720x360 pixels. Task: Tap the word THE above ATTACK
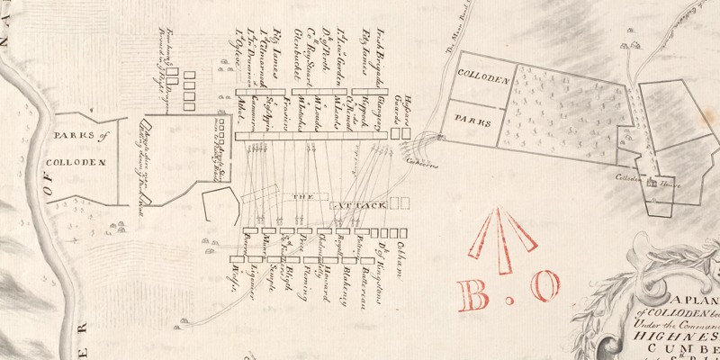[299, 196]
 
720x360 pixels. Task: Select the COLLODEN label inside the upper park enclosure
[483, 80]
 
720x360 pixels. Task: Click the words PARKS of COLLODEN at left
[83, 149]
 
